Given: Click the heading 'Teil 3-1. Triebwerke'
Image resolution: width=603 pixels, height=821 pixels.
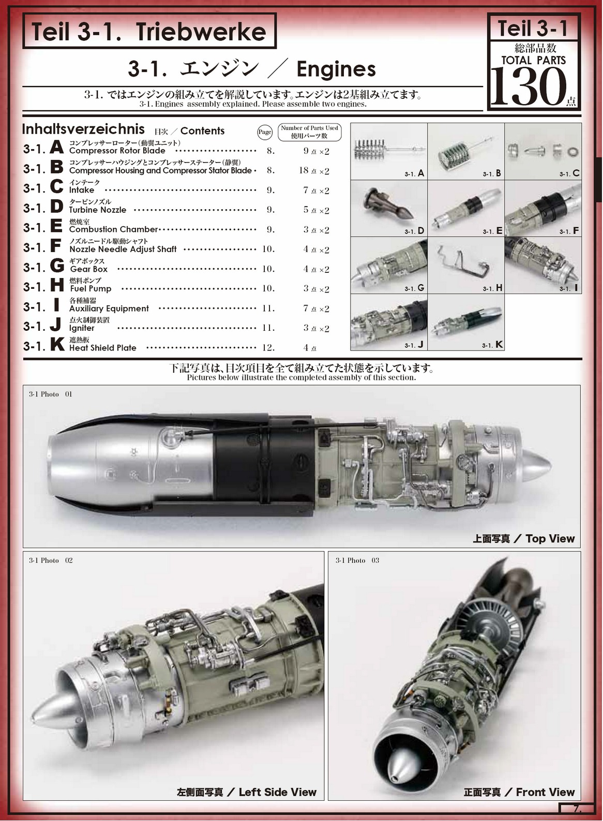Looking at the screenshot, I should pyautogui.click(x=149, y=32).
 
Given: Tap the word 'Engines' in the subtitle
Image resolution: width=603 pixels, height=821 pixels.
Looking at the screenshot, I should pyautogui.click(x=336, y=69).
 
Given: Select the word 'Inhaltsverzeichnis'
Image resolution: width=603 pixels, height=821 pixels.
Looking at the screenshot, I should pyautogui.click(x=83, y=129).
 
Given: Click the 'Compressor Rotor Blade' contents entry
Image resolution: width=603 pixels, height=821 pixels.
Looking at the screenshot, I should pyautogui.click(x=117, y=151).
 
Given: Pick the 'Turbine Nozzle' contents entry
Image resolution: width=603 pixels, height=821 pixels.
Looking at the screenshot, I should pyautogui.click(x=98, y=210).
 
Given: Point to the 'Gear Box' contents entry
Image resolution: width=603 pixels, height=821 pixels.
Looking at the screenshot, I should pyautogui.click(x=89, y=269).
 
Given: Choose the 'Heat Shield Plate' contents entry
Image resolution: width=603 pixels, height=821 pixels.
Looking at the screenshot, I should pyautogui.click(x=102, y=348).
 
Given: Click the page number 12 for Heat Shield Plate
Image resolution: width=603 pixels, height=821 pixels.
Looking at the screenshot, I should pyautogui.click(x=268, y=347).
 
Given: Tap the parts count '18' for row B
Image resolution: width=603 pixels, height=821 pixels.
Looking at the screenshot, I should pyautogui.click(x=304, y=170).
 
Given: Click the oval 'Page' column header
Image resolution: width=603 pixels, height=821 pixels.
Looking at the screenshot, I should pyautogui.click(x=265, y=132).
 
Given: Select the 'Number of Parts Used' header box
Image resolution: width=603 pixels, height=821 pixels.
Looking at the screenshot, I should pyautogui.click(x=309, y=131).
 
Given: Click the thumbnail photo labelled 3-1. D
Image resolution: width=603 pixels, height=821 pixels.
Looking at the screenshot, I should pyautogui.click(x=389, y=208).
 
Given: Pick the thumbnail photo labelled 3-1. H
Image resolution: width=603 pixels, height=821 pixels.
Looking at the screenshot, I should pyautogui.click(x=465, y=265).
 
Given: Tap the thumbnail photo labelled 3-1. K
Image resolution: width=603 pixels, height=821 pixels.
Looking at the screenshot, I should pyautogui.click(x=465, y=322).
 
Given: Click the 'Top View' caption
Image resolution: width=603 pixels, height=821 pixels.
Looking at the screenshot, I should pyautogui.click(x=550, y=539).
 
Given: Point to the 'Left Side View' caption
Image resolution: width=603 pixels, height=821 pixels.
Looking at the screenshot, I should pyautogui.click(x=277, y=792).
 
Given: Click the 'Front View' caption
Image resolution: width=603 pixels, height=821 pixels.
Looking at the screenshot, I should pyautogui.click(x=545, y=792).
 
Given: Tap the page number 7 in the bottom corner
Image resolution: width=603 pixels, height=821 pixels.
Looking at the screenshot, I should pyautogui.click(x=577, y=809).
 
